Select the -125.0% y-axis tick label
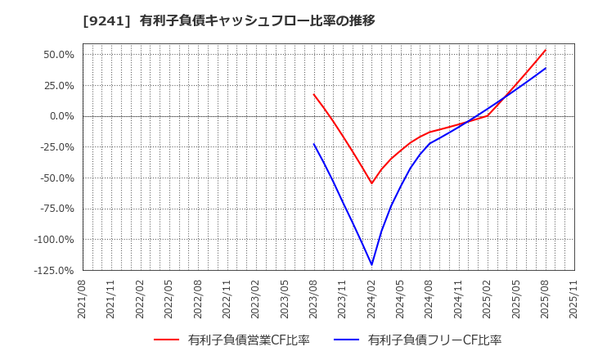[x=53, y=270]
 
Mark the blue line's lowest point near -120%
[x=372, y=264]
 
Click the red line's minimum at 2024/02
[x=371, y=183]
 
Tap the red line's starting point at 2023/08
[x=314, y=94]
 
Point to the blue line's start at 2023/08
[x=314, y=144]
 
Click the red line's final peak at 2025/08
[x=546, y=49]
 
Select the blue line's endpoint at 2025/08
[x=546, y=68]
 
